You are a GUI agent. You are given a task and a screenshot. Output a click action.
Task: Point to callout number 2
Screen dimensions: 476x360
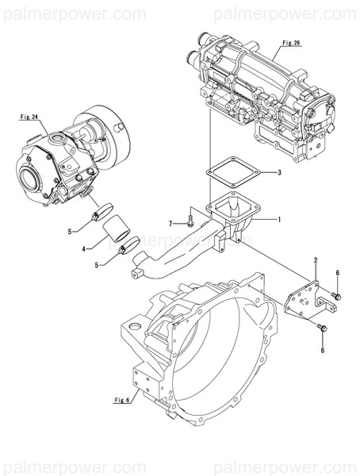[x=315, y=260]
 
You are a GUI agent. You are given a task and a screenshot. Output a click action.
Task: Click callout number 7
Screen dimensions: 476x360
[x=169, y=223]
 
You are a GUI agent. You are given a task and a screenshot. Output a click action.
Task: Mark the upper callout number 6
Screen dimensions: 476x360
[x=338, y=274]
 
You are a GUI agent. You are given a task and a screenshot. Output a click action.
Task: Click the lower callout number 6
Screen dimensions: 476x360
[x=321, y=348]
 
